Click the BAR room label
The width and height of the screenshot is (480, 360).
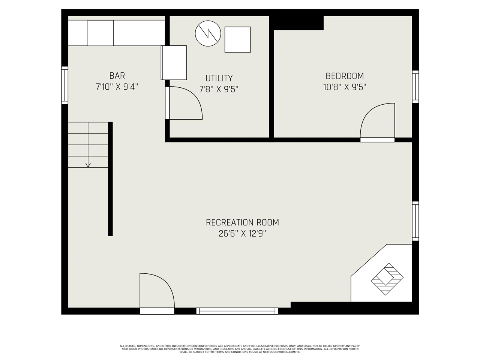117,76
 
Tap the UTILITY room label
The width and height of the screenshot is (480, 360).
219,78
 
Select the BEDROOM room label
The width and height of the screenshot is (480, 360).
345,76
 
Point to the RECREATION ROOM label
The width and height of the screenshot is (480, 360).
242,222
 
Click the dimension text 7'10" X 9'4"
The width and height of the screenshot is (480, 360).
117,87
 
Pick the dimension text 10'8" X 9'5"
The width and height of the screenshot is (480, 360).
345,87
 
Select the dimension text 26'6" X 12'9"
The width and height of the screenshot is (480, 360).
242,234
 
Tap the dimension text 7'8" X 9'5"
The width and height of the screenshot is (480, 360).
219,89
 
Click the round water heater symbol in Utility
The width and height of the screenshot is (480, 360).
208,33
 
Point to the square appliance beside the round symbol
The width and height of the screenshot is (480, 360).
237,40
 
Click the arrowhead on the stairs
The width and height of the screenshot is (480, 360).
88,165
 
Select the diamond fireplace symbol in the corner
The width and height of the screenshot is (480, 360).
387,279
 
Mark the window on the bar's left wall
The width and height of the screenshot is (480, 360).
64,85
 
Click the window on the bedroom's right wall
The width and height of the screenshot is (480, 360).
415,87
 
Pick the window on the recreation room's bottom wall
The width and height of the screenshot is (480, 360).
237,311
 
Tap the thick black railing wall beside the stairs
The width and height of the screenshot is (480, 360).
110,179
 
